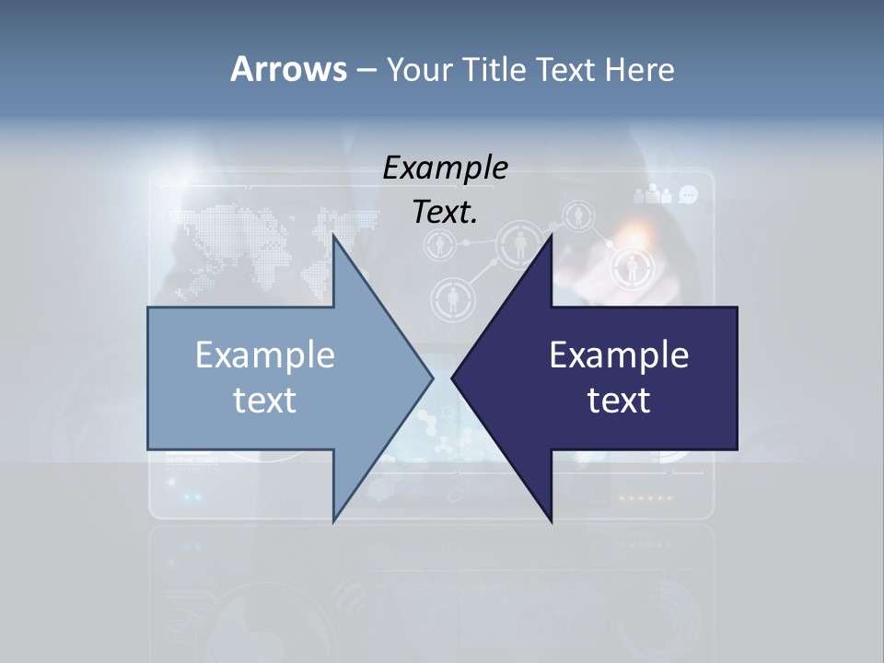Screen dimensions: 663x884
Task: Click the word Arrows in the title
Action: (x=287, y=69)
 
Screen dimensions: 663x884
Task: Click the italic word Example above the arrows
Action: (x=445, y=168)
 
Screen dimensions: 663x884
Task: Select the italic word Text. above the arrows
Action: (x=445, y=212)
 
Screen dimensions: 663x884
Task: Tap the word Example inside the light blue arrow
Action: (x=265, y=355)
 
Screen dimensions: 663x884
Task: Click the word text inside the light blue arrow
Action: (x=265, y=400)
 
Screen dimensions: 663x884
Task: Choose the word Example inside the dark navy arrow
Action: (x=619, y=355)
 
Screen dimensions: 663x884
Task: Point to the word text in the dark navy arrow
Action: (x=619, y=400)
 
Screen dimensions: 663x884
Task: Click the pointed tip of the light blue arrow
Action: (x=432, y=378)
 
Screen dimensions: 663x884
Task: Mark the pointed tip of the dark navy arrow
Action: (x=453, y=378)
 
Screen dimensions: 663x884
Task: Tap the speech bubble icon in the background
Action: (x=688, y=194)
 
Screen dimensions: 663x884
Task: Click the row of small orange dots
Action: (x=645, y=498)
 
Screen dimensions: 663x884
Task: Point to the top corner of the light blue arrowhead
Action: (x=333, y=235)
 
